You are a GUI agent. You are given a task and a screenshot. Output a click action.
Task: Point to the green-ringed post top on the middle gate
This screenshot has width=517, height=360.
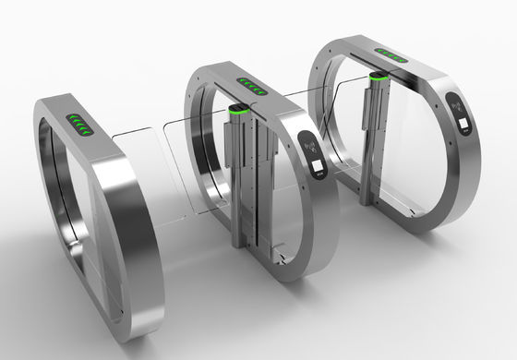pos(238,113)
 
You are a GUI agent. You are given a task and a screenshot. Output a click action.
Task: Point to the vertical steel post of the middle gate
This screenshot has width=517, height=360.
pos(243,180)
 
